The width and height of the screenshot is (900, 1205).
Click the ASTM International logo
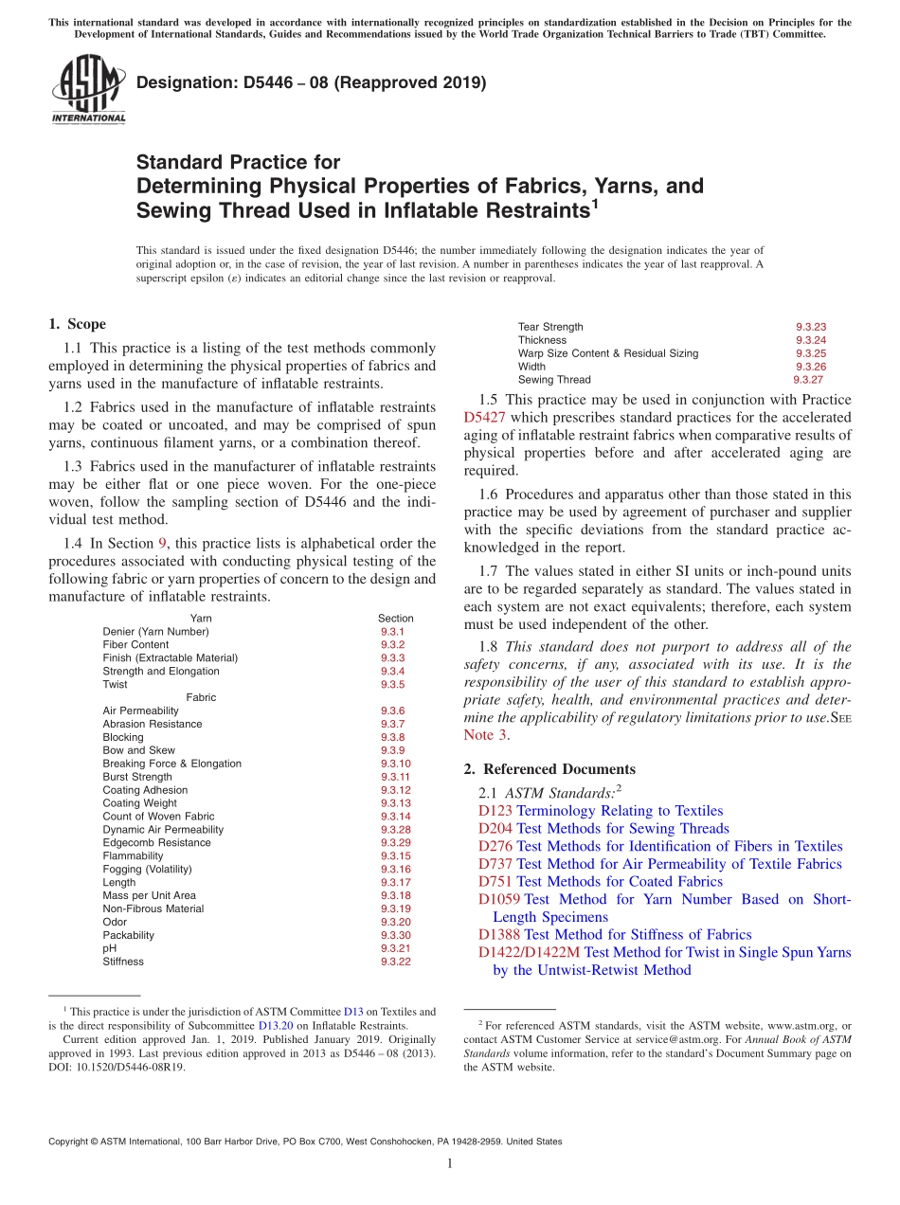(x=88, y=90)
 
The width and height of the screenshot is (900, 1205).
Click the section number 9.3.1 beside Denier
(x=392, y=632)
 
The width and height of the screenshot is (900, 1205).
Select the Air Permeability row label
(x=140, y=710)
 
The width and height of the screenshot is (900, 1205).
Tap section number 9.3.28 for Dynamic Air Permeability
(x=395, y=830)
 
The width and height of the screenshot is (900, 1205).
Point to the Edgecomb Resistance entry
(x=156, y=843)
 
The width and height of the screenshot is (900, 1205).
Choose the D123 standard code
(x=495, y=811)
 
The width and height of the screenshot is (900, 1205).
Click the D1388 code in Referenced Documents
(x=499, y=935)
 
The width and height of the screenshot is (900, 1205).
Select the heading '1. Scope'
(x=77, y=324)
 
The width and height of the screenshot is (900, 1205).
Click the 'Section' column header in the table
(x=395, y=619)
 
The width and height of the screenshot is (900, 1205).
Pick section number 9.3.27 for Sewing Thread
(x=808, y=380)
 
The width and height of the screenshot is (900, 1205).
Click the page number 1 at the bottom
(x=450, y=1164)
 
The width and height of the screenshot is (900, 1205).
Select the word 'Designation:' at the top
(x=182, y=83)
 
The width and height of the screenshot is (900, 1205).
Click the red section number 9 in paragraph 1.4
(x=162, y=544)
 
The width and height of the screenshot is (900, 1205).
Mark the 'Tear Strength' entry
(x=550, y=327)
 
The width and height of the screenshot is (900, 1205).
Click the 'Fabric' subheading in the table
(x=201, y=697)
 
